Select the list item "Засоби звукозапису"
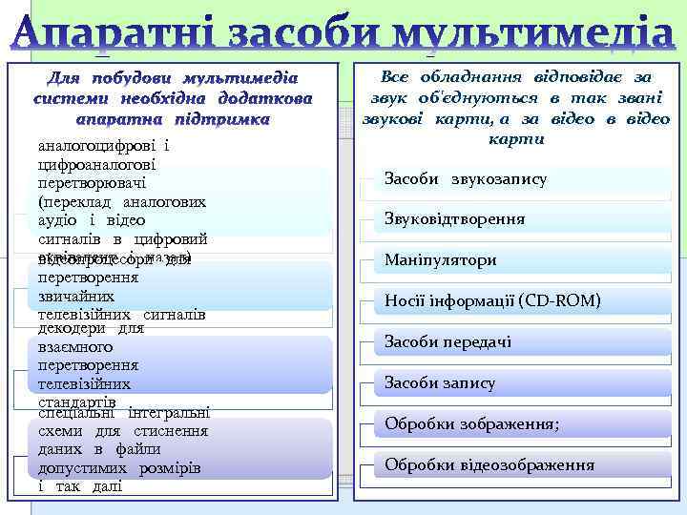(x=465, y=179)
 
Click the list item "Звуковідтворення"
(x=454, y=219)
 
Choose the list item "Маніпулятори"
(x=440, y=259)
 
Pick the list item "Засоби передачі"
(x=448, y=341)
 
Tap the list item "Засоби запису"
(x=439, y=382)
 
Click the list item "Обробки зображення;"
(x=471, y=423)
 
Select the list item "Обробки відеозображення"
(x=489, y=464)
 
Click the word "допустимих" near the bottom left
(x=81, y=468)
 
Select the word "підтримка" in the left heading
(x=221, y=120)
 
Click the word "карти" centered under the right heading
(x=516, y=139)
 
